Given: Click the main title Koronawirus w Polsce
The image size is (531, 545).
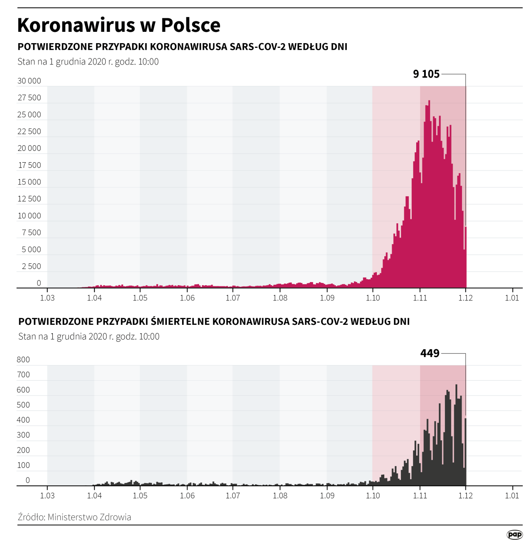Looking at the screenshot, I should [119, 25].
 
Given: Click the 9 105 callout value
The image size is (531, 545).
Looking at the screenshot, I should [426, 74].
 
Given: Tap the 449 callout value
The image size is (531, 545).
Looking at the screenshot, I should [430, 353].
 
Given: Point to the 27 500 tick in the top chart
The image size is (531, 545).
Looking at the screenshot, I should [29, 98].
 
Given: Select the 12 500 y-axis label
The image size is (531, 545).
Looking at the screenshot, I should [29, 199].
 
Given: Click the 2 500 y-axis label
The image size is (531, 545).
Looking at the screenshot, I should [31, 266].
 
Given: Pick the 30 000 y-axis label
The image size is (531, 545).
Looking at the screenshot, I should [29, 81].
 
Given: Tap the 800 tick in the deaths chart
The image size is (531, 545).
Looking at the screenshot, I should [23, 360].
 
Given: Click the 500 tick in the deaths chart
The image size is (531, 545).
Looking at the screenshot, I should [23, 405].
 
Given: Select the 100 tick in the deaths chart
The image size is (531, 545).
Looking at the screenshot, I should [23, 465].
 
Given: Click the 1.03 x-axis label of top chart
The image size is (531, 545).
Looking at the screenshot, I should [47, 298].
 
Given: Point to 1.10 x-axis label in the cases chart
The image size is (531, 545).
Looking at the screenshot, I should [372, 298].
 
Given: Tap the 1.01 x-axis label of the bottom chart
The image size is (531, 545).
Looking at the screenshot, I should [512, 495].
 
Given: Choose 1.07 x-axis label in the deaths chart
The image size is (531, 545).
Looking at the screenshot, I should [233, 495].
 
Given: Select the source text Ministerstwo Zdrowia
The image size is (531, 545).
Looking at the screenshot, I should [89, 517].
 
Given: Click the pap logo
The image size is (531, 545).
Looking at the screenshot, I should [514, 535].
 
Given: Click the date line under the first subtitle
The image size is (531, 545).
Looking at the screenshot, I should [88, 61].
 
